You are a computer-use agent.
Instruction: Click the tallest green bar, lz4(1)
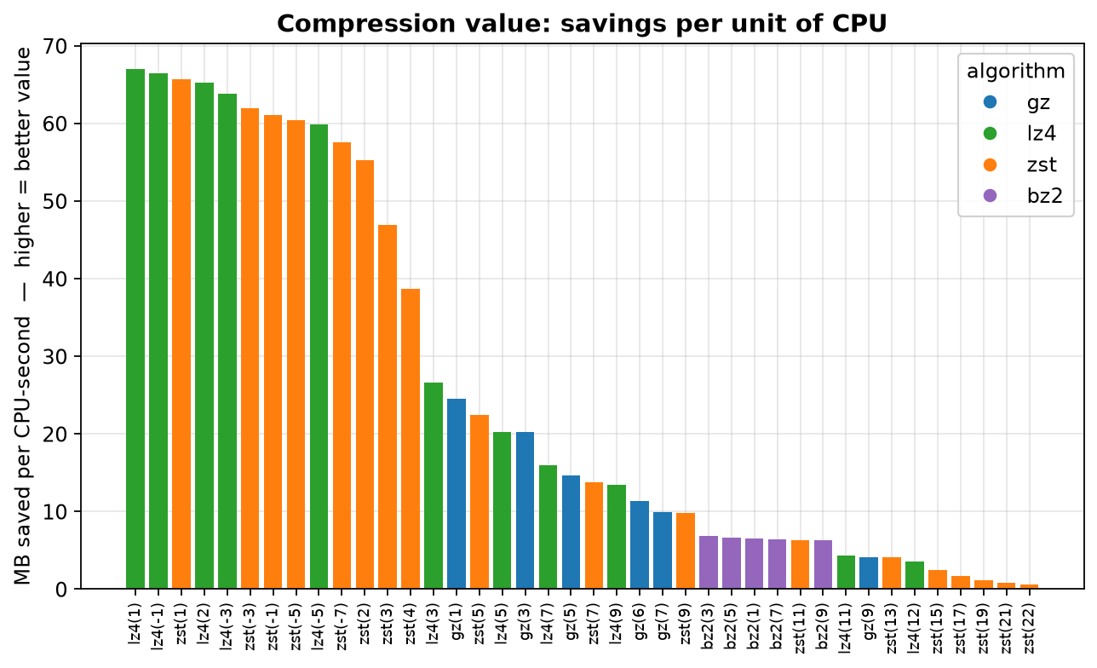point(135,329)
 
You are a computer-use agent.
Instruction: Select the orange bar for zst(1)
point(181,334)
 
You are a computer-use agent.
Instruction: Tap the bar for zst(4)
point(411,439)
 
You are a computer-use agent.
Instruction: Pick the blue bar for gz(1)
point(457,493)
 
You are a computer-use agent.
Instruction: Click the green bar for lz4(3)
point(434,486)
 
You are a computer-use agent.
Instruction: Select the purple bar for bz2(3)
point(709,562)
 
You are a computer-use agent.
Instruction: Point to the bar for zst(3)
point(388,406)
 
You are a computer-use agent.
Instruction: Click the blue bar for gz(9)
point(869,573)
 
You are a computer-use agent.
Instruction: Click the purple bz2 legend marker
point(991,196)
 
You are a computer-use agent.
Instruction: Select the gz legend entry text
point(1038,103)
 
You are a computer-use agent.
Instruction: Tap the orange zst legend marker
point(991,164)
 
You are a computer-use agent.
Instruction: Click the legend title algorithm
point(1016,72)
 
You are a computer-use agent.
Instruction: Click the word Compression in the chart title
point(366,25)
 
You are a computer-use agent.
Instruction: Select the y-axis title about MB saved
point(22,316)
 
